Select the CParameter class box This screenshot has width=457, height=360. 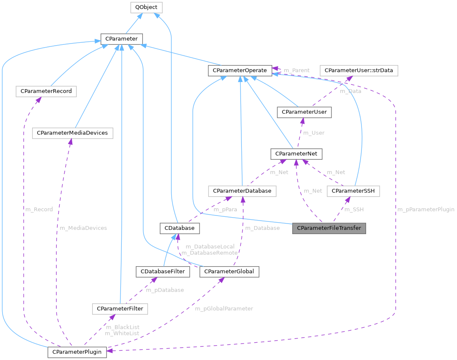[x=121, y=39]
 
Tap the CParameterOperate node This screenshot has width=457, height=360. [x=239, y=71]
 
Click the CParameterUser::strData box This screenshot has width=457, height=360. [x=359, y=71]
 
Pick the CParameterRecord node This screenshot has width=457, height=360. [x=46, y=91]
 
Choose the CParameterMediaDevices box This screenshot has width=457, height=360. [x=72, y=133]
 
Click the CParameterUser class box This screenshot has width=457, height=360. [x=304, y=112]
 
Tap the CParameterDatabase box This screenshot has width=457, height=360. [x=242, y=191]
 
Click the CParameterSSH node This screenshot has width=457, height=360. [x=353, y=191]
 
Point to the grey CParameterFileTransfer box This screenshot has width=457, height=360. [x=329, y=228]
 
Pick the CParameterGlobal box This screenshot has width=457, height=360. [x=229, y=271]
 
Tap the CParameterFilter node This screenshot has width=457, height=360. [x=120, y=309]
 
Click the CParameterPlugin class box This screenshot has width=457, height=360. [x=77, y=352]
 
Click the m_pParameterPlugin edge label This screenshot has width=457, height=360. [x=426, y=209]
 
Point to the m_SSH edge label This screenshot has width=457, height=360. [x=354, y=209]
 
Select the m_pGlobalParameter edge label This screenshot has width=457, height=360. [x=224, y=308]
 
